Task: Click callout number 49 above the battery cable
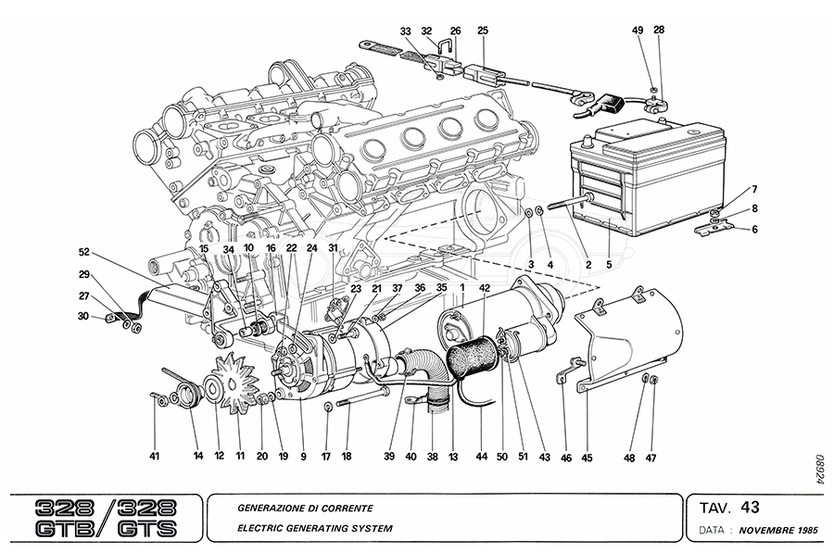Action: (638, 31)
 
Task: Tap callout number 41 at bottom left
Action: (155, 456)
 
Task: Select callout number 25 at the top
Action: (483, 31)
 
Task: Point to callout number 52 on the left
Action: (84, 252)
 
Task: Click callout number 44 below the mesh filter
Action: (481, 456)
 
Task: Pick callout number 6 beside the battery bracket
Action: (754, 230)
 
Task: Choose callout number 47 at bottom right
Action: (651, 456)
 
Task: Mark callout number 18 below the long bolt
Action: (347, 456)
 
